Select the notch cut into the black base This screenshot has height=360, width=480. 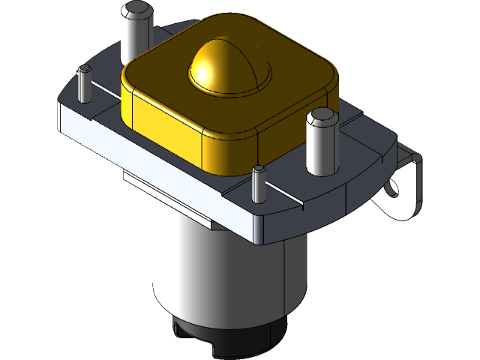click(178, 330)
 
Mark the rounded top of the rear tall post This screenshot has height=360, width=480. click(136, 10)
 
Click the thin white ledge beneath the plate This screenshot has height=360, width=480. click(165, 184)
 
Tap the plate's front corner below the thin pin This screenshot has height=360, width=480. click(259, 225)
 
